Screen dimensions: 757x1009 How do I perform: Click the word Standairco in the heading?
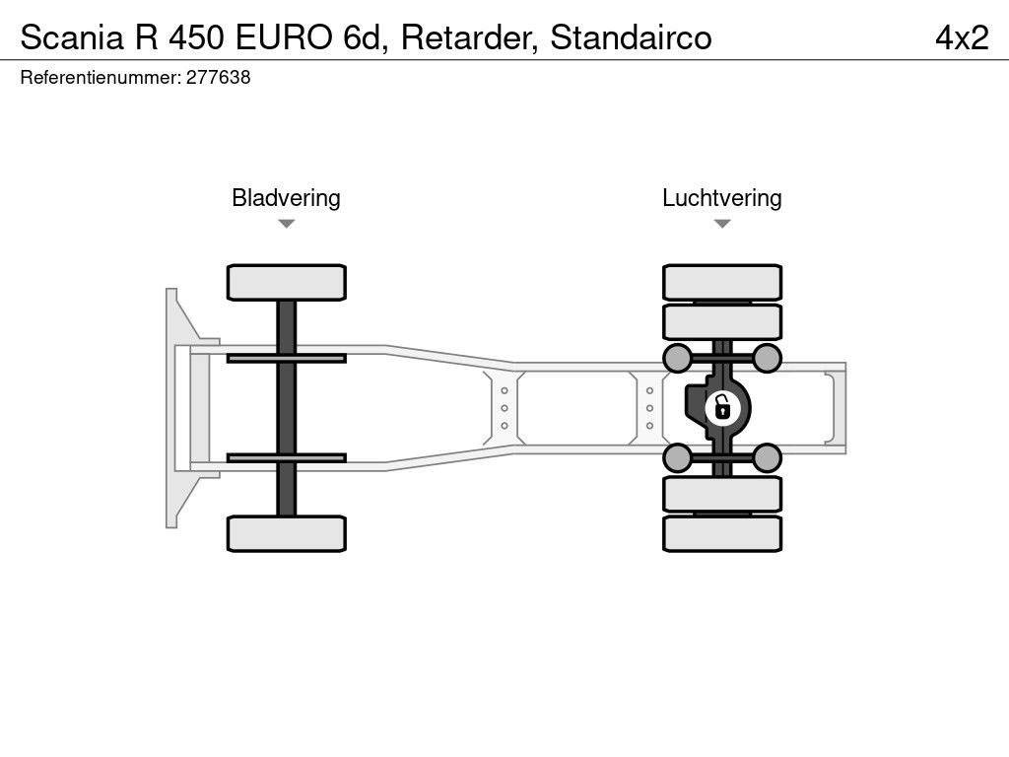tap(631, 37)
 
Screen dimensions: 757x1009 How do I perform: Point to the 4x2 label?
tap(961, 37)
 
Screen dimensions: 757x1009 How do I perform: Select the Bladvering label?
tap(286, 198)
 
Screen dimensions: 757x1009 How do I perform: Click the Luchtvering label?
tap(721, 198)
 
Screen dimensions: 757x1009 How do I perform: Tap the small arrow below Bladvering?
tap(286, 224)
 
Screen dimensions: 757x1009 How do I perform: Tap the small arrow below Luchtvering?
tap(721, 224)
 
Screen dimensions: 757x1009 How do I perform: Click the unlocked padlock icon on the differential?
tap(722, 406)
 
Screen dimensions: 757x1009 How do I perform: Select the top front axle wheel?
tap(286, 282)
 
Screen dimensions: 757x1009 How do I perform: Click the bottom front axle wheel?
tap(286, 533)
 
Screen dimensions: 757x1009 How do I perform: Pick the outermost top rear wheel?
tap(722, 282)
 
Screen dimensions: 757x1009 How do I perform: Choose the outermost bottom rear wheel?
tap(722, 533)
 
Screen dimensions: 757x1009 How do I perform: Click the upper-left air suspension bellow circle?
tap(677, 357)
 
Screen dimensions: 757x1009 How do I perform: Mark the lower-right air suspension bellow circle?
tap(767, 456)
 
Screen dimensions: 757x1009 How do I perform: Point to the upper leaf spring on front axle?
tap(286, 358)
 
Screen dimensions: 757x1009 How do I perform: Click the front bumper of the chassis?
tap(175, 407)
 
